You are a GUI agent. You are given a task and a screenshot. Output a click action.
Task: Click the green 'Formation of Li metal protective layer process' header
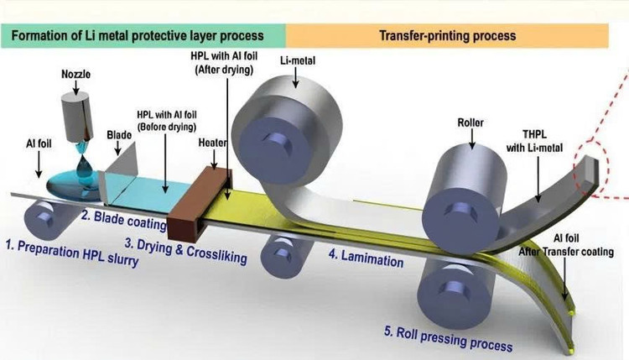143,35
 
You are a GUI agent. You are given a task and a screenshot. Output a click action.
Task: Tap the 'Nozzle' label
72,73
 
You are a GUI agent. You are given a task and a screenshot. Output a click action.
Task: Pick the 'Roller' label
472,121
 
